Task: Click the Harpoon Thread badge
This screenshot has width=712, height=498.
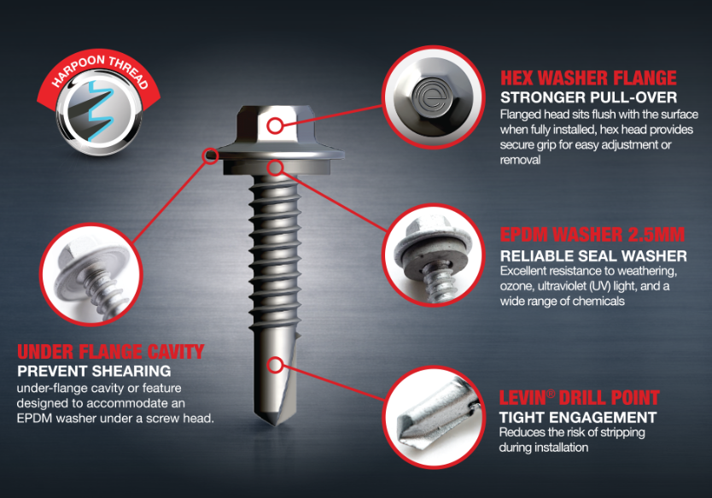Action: pos(99,103)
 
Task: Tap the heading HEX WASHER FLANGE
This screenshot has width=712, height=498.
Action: pos(588,78)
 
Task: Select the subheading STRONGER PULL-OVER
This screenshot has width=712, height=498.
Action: pos(588,97)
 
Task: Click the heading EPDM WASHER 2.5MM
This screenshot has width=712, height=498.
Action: pos(592,234)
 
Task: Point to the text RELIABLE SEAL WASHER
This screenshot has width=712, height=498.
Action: pos(593,255)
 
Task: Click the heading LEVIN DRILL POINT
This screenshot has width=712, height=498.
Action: pos(580,397)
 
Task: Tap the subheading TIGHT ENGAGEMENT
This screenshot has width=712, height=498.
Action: pos(578,417)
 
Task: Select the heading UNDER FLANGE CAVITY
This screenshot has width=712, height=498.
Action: pos(111,352)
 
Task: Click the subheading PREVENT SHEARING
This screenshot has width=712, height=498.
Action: pos(94,371)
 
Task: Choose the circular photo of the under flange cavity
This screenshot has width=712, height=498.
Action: pos(91,274)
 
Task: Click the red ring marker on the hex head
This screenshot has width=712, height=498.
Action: pos(275,126)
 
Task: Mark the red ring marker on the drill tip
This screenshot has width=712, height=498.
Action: pos(275,365)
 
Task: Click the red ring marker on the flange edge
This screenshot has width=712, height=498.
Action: pos(210,155)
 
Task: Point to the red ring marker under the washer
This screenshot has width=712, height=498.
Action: pos(275,167)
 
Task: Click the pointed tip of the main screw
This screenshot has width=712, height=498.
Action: pos(275,425)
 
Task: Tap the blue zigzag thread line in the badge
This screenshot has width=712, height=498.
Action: pos(99,110)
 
